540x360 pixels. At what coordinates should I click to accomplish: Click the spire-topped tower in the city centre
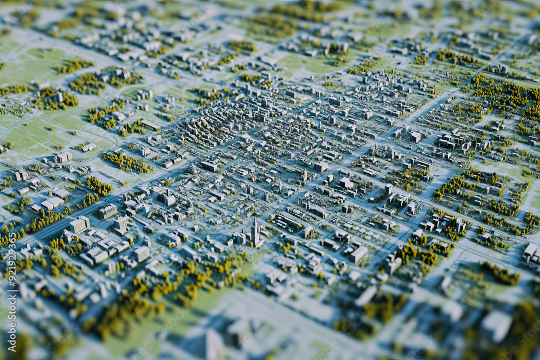click(255, 234)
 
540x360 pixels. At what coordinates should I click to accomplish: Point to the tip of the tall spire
click(255, 219)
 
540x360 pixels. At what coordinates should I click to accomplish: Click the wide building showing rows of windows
click(107, 212)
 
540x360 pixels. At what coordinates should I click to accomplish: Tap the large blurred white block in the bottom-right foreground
click(496, 325)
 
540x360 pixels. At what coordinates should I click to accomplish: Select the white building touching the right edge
click(531, 250)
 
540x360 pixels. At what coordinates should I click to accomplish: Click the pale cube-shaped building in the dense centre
click(321, 167)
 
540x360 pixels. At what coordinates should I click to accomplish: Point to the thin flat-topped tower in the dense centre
click(305, 176)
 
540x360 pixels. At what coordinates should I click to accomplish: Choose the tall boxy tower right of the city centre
click(388, 189)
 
